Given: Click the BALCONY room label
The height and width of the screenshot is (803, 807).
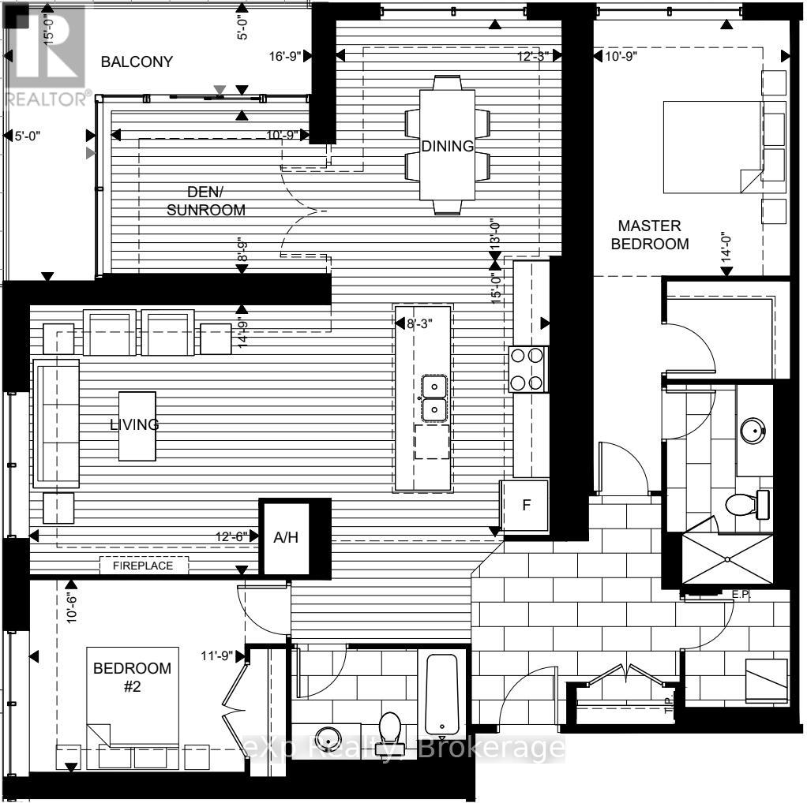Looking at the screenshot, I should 137,62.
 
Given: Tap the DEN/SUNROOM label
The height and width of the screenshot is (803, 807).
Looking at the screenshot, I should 216,200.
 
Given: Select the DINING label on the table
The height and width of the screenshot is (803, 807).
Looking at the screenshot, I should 447,146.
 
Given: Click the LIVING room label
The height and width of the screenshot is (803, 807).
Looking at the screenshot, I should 134,424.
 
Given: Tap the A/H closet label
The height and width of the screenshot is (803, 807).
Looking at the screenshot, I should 284,537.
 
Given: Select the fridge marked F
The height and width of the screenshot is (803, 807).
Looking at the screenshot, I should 524,506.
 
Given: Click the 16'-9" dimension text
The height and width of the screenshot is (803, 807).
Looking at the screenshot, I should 285,55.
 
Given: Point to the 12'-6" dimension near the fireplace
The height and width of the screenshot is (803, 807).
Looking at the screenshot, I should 231,536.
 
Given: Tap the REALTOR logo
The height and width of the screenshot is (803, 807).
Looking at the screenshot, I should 46,55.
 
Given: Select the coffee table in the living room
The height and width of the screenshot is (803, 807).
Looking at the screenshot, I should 137,426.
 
